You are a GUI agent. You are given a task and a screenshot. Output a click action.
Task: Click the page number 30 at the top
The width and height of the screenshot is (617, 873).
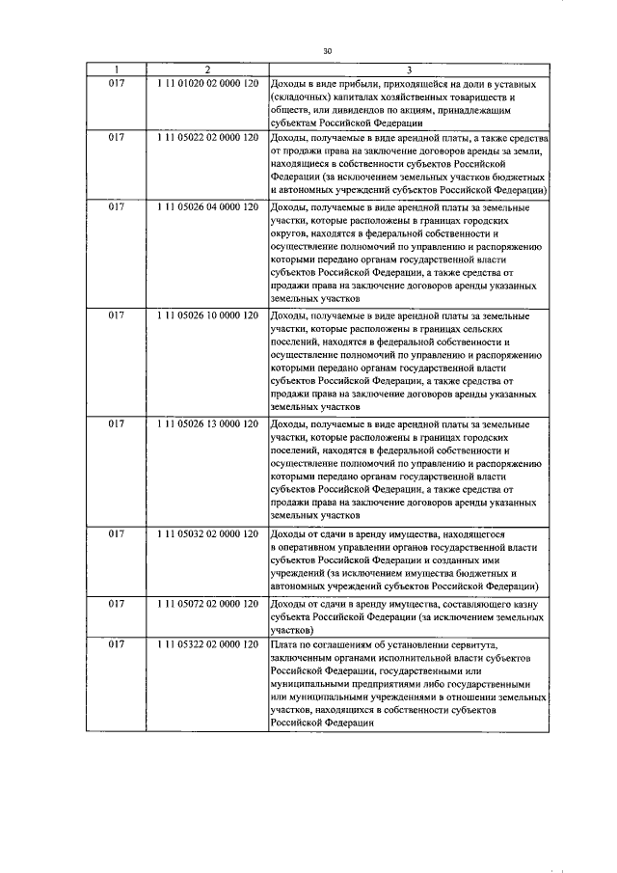coord(327,52)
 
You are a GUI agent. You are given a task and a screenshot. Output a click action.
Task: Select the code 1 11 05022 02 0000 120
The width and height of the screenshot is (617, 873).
coord(207,138)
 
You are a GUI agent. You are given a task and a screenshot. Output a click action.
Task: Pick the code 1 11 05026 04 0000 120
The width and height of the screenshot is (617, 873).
coord(207,207)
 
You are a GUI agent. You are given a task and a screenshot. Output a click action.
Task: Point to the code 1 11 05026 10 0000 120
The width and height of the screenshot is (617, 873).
coord(207,316)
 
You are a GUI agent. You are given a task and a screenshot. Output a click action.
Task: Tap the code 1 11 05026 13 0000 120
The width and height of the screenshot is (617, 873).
coord(207,424)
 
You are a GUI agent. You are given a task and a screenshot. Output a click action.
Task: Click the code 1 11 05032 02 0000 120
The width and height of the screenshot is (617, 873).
coord(207,533)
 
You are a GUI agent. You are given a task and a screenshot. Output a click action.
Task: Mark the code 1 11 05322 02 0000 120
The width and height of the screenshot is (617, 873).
coord(207,643)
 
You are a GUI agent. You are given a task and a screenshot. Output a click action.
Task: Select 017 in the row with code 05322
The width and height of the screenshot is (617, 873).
coord(116,643)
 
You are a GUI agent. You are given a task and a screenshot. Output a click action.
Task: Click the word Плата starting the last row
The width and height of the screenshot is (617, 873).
coord(286,643)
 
